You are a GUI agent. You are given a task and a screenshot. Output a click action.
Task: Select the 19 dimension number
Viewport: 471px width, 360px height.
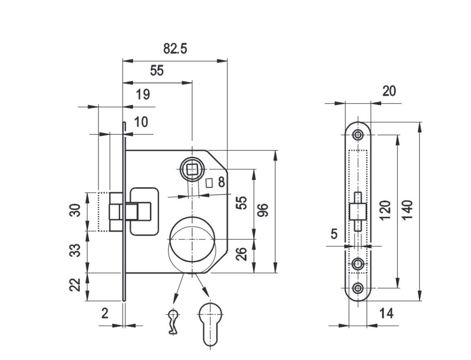(143, 95)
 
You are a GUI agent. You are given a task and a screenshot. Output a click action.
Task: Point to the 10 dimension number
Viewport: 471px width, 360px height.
(142, 122)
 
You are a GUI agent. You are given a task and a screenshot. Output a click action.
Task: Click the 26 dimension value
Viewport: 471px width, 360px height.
(241, 254)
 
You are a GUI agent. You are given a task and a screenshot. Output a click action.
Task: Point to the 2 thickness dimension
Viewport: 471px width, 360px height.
(105, 314)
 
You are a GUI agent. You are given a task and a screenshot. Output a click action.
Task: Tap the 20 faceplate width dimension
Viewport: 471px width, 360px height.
(389, 91)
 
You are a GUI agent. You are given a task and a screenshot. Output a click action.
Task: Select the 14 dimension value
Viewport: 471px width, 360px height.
(387, 314)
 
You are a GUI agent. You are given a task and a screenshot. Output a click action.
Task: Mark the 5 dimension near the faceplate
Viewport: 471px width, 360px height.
(334, 234)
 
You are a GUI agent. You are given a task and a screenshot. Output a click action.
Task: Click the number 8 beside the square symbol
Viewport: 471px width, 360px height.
(221, 183)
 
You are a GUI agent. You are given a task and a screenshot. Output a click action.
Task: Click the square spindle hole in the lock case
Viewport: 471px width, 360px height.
(192, 169)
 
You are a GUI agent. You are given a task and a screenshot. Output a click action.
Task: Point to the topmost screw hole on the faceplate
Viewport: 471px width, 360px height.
(357, 134)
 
